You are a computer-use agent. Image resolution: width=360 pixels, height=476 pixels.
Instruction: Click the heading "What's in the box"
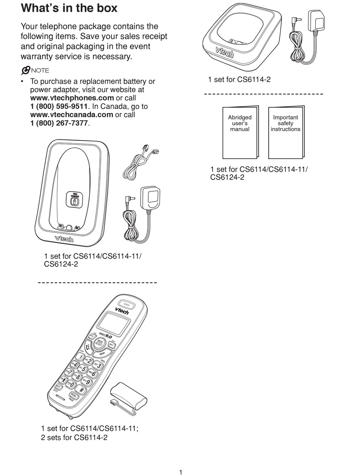tap(69, 8)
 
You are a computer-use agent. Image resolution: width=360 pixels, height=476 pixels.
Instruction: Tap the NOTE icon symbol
tap(26, 70)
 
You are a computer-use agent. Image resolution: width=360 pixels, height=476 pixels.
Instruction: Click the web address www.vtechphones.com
tap(72, 98)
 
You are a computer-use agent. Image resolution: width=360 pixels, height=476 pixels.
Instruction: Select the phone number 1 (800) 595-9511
tap(59, 106)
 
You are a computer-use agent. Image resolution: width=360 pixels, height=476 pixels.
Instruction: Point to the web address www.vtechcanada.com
tap(72, 114)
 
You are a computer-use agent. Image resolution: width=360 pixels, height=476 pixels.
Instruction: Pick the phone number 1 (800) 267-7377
tap(59, 123)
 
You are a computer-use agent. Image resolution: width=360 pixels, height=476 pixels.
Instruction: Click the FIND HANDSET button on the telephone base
tap(75, 200)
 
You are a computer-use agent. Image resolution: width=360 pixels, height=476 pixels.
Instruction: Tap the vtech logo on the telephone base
tap(64, 239)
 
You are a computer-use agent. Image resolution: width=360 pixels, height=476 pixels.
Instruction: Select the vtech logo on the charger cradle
tap(225, 52)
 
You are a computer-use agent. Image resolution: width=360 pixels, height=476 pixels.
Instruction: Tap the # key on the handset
tap(81, 389)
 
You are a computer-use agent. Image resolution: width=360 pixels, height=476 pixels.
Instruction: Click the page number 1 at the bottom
tap(181, 472)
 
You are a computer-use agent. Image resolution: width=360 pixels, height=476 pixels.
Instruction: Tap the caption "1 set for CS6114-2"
tap(239, 80)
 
